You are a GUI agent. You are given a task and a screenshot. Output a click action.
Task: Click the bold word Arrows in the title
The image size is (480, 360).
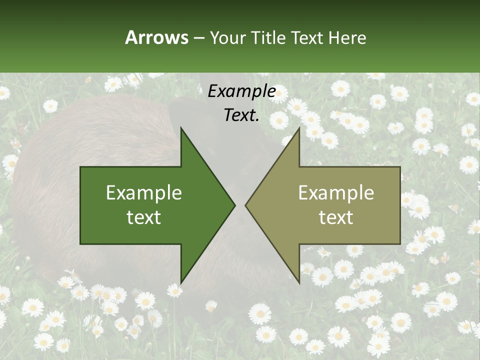pyautogui.click(x=156, y=37)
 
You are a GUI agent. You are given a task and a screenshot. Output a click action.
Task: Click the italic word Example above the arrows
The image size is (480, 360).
pyautogui.click(x=241, y=91)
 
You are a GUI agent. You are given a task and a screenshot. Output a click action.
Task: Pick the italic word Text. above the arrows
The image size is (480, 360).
pyautogui.click(x=241, y=115)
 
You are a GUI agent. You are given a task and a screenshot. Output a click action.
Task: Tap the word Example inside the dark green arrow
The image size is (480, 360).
pyautogui.click(x=144, y=193)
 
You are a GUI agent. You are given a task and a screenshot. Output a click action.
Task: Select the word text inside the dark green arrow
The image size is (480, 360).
pyautogui.click(x=144, y=217)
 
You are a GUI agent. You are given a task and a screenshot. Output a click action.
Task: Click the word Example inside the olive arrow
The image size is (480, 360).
pyautogui.click(x=336, y=193)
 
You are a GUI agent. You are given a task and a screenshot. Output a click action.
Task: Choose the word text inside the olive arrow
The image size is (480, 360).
pyautogui.click(x=336, y=217)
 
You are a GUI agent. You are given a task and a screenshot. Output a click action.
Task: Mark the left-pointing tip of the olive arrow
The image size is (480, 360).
pyautogui.click(x=246, y=205)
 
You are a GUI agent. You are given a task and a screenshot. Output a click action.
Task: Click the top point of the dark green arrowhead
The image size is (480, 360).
pyautogui.click(x=181, y=128)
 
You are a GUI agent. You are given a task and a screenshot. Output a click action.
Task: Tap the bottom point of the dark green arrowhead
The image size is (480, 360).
pyautogui.click(x=181, y=282)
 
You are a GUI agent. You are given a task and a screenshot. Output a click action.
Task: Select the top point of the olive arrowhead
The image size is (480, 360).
pyautogui.click(x=299, y=128)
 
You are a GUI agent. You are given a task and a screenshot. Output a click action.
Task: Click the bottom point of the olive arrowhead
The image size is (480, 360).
pyautogui.click(x=299, y=282)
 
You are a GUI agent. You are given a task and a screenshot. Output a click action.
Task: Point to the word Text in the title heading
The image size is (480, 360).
pyautogui.click(x=306, y=38)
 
